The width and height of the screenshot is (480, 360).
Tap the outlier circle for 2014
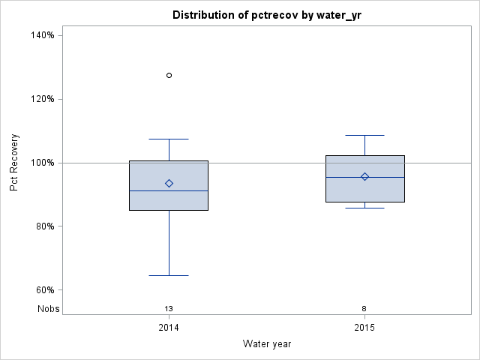click(169, 75)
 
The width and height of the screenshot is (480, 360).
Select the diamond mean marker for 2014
click(169, 183)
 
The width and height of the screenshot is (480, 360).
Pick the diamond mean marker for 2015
click(364, 177)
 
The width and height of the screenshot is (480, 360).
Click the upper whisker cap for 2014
click(169, 139)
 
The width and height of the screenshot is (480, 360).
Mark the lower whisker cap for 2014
click(169, 275)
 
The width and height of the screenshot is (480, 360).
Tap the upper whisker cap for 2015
click(364, 135)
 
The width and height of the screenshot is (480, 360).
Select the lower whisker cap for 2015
click(364, 208)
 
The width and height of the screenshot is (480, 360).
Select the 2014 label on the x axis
click(169, 328)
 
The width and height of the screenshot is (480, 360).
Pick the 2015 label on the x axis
click(364, 328)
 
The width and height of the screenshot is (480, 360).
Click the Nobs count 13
click(169, 308)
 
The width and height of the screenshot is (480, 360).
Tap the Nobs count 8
click(364, 308)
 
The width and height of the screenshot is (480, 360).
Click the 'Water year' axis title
click(266, 343)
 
